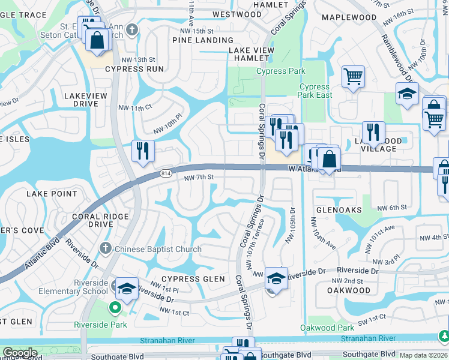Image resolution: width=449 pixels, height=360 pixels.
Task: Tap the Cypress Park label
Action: tap(281, 71)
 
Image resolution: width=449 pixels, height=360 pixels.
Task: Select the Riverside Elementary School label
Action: tap(91, 287)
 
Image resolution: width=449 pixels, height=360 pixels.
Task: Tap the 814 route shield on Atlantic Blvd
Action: tap(166, 173)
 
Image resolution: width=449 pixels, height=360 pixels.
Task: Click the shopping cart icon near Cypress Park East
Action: tap(353, 76)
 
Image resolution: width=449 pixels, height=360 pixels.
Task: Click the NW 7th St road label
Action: tap(199, 178)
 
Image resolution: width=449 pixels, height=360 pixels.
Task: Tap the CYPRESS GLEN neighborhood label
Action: tap(193, 279)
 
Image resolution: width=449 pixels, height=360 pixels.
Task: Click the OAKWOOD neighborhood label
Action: tap(349, 290)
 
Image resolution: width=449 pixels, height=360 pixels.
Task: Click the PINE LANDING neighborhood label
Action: tap(198, 40)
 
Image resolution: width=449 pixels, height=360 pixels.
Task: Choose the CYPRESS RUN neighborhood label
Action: tap(134, 69)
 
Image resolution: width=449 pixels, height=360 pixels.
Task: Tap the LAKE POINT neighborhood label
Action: tap(52, 194)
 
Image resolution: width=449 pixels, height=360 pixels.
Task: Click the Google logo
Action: tap(20, 353)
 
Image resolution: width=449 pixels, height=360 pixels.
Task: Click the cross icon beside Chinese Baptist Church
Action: tap(105, 248)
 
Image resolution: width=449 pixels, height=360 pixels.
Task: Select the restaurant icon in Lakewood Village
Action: tap(373, 133)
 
